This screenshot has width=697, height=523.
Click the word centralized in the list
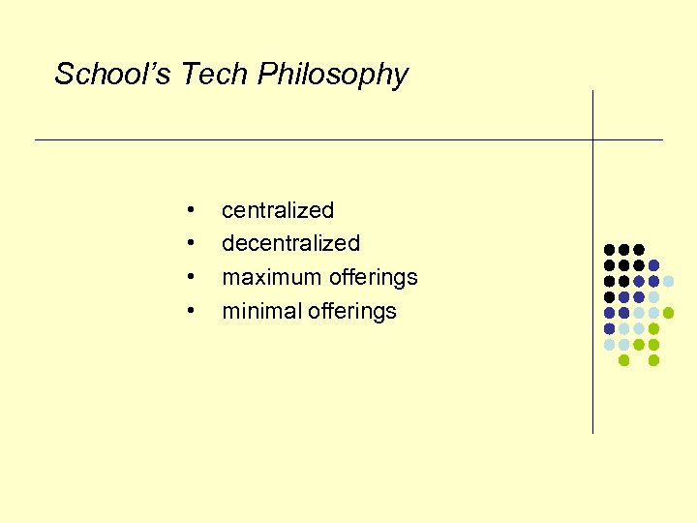point(278,210)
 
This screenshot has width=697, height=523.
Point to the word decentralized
point(290,243)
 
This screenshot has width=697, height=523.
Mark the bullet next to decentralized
point(194,243)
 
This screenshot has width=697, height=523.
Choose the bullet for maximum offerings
point(194,277)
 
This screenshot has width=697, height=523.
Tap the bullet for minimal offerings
point(194,311)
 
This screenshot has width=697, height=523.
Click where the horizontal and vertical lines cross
point(592,140)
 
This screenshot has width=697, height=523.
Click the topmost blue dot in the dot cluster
point(653,265)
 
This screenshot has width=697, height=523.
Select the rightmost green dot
point(668,313)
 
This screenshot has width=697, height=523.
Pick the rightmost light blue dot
point(668,281)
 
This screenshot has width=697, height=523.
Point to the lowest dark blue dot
point(609,328)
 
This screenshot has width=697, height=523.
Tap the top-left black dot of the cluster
point(609,250)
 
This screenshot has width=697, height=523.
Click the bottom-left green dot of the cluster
point(623,360)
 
